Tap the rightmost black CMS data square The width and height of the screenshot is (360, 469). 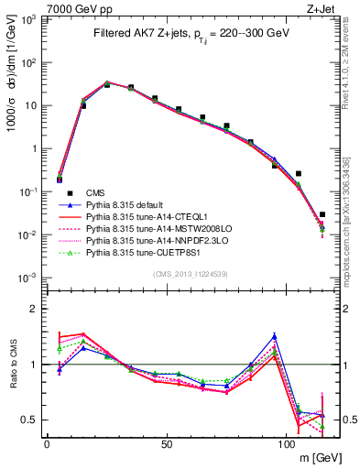tap(322, 214)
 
